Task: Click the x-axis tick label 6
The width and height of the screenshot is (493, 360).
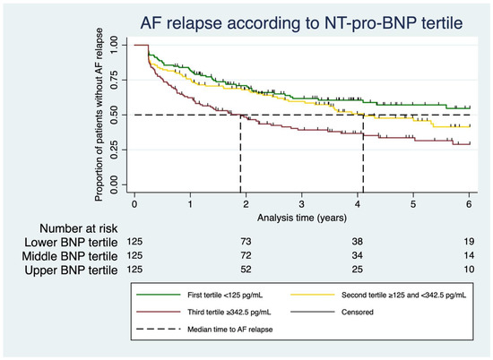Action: click(470, 205)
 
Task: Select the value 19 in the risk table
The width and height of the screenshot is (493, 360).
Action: click(470, 244)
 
